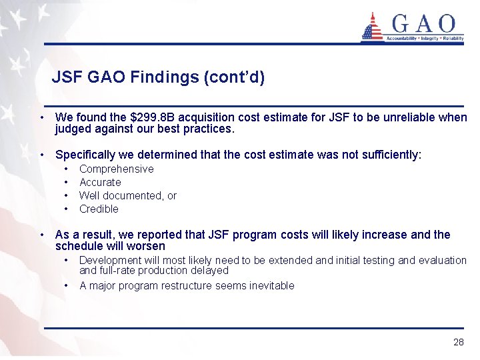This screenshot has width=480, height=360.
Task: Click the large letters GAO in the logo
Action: (x=425, y=24)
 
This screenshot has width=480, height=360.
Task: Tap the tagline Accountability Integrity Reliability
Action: (x=425, y=39)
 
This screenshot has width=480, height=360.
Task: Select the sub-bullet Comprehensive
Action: (x=116, y=169)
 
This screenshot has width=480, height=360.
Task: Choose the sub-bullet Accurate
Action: (x=100, y=183)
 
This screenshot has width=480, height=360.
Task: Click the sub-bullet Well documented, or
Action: (x=127, y=196)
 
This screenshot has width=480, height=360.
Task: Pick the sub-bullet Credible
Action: (x=99, y=209)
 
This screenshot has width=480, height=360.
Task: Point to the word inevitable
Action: (x=270, y=286)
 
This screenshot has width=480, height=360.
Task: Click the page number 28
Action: (x=458, y=342)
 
